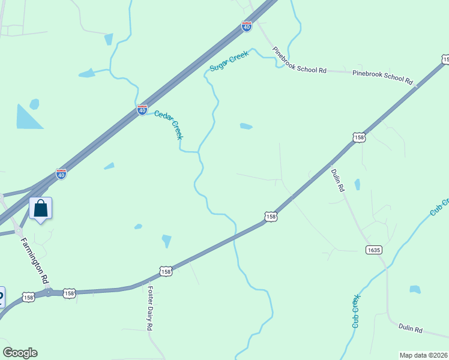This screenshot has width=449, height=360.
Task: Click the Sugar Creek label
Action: pyautogui.click(x=229, y=61)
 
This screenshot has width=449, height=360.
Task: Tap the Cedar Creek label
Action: pyautogui.click(x=168, y=125)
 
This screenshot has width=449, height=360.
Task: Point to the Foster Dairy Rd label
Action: pyautogui.click(x=150, y=308)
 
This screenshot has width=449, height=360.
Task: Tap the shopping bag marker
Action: pyautogui.click(x=41, y=209)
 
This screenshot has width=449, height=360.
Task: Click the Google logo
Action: pyautogui.click(x=20, y=353)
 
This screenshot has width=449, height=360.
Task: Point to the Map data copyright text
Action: pyautogui.click(x=423, y=355)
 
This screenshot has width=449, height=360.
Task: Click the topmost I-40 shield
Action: pyautogui.click(x=247, y=26)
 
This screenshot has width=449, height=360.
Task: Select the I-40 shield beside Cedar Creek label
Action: pyautogui.click(x=142, y=110)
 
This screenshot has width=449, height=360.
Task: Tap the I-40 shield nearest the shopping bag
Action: pyautogui.click(x=61, y=173)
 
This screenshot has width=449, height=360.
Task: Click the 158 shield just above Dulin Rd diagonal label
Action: pyautogui.click(x=359, y=137)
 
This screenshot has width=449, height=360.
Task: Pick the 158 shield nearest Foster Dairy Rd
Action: pyautogui.click(x=166, y=272)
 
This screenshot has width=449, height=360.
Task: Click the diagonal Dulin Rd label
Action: pyautogui.click(x=338, y=179)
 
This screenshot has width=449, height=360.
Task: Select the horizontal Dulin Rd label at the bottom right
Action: pyautogui.click(x=411, y=329)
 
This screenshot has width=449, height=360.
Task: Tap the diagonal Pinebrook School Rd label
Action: pyautogui.click(x=299, y=60)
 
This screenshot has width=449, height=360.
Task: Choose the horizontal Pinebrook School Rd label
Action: pyautogui.click(x=383, y=77)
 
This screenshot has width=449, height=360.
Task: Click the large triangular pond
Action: pyautogui.click(x=26, y=118)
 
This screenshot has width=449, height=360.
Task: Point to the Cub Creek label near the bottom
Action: pyautogui.click(x=357, y=311)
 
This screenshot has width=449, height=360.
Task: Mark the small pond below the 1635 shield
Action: pyautogui.click(x=415, y=289)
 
